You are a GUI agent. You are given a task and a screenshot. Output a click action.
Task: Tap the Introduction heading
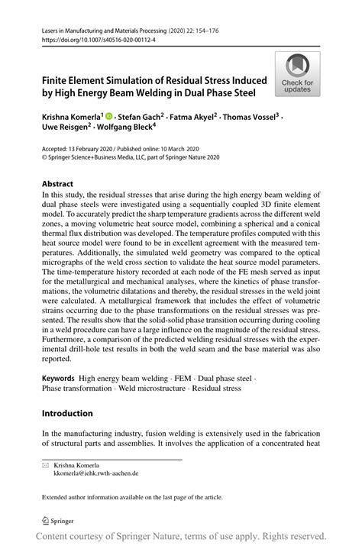67,413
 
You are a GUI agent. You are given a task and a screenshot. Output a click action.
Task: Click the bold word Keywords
57,378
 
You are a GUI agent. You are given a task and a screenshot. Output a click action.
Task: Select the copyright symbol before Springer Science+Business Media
44,157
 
